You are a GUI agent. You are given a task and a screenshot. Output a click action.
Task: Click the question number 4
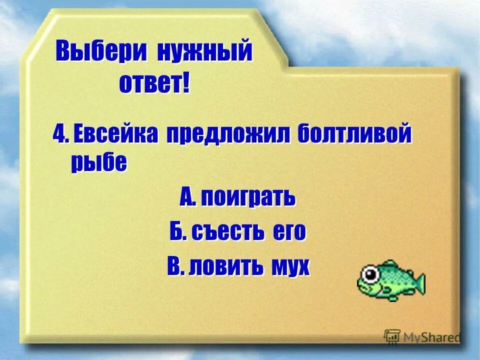point(59,134)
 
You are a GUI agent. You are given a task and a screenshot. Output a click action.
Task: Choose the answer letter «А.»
point(188,198)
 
